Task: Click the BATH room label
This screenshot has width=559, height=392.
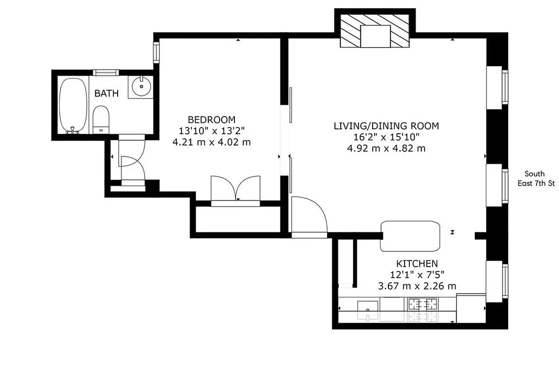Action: click(106, 93)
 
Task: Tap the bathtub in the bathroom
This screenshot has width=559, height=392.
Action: click(73, 105)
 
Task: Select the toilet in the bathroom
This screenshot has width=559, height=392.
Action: click(101, 120)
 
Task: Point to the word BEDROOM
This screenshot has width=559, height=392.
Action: click(211, 120)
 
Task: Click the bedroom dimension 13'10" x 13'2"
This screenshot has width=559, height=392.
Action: click(211, 131)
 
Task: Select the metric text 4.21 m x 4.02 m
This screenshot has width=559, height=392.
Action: click(211, 143)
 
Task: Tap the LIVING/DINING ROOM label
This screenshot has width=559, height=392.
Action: click(386, 126)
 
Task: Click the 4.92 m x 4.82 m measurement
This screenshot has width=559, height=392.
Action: click(386, 148)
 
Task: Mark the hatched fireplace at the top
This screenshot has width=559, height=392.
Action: click(375, 30)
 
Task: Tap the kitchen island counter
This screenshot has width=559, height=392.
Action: click(411, 236)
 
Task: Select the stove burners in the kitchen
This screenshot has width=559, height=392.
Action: click(422, 310)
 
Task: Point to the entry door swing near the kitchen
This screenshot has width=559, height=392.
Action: click(308, 216)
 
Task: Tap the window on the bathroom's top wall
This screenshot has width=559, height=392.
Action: click(105, 73)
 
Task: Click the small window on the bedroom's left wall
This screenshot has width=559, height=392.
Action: click(156, 52)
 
